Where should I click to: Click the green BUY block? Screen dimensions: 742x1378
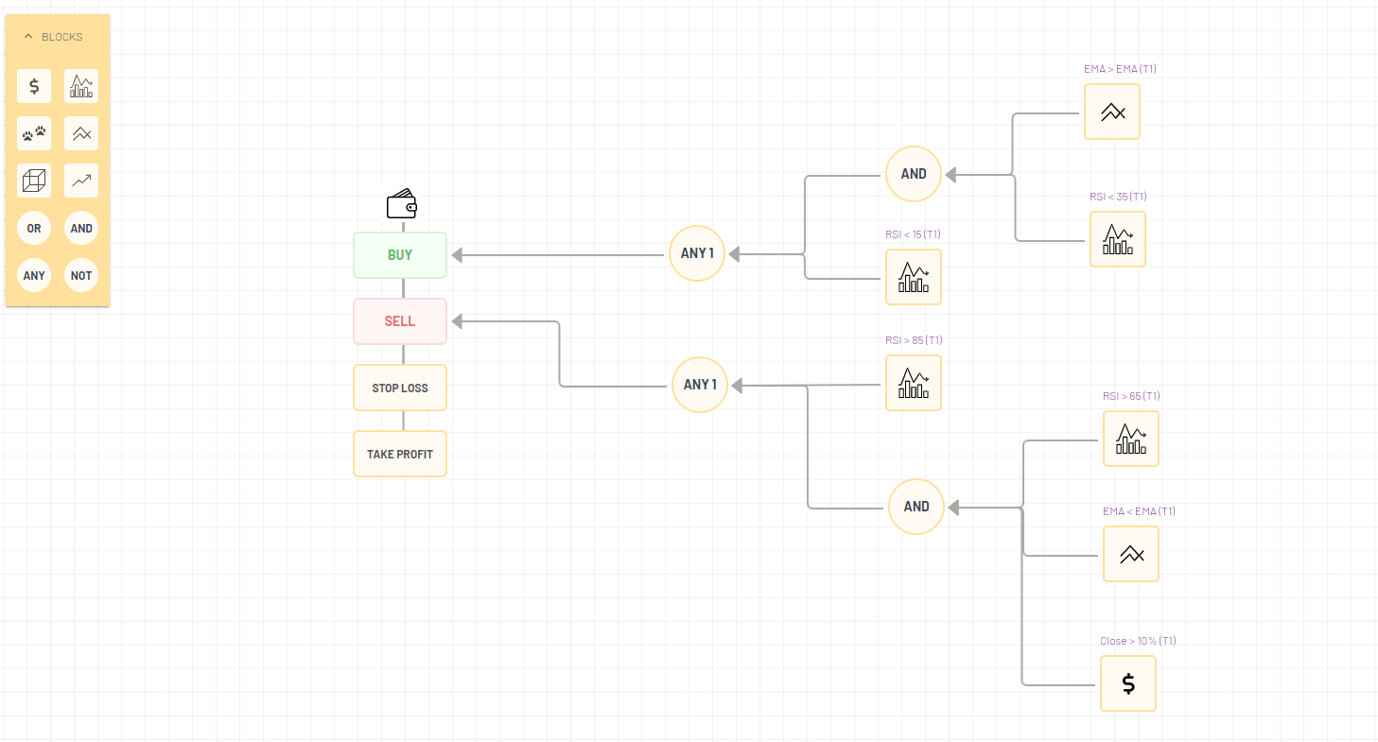click(400, 255)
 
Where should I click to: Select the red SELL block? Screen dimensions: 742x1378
click(400, 321)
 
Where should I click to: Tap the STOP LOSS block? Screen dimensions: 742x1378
click(400, 388)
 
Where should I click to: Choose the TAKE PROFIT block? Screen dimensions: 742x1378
click(400, 454)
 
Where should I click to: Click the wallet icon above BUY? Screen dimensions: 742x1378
click(402, 204)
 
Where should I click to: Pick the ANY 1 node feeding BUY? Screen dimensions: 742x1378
click(697, 253)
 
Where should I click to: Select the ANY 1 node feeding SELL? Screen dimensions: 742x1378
click(700, 385)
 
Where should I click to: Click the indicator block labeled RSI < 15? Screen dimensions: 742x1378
click(914, 277)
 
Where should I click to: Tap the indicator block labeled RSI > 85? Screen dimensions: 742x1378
click(914, 383)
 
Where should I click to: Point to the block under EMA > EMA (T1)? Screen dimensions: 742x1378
click(1112, 112)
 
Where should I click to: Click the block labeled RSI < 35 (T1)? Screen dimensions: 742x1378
click(1118, 239)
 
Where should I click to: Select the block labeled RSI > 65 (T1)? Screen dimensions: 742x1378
click(1131, 439)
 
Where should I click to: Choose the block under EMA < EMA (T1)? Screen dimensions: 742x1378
click(1131, 554)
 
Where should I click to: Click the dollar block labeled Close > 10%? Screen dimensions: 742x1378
click(1128, 683)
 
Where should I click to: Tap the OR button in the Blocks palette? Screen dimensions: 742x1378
click(34, 228)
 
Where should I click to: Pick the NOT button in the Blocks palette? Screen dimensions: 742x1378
click(81, 276)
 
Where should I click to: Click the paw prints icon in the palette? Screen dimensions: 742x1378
click(34, 134)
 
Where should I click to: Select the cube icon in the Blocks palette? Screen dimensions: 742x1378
click(34, 181)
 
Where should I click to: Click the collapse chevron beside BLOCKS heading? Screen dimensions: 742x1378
click(28, 37)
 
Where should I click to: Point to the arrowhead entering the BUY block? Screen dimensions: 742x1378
click(457, 255)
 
